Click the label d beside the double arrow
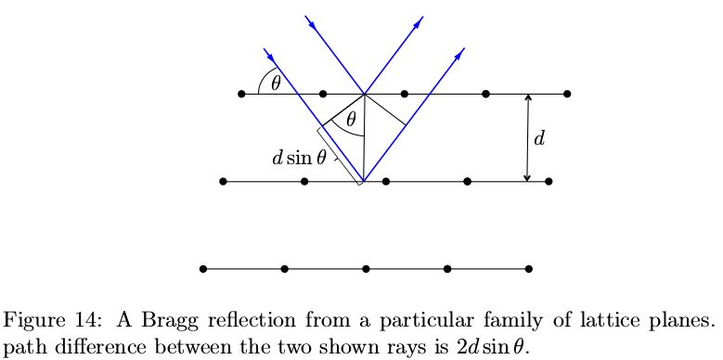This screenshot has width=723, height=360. tap(539, 139)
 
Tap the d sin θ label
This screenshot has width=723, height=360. tap(299, 158)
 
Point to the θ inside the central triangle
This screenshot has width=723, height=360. tap(350, 120)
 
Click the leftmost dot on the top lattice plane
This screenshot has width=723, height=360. tap(241, 94)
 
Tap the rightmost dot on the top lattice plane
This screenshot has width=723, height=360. tap(567, 94)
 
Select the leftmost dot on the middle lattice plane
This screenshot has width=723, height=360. tap(223, 182)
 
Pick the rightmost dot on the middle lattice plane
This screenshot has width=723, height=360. tap(549, 182)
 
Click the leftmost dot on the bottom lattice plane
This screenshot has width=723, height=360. tap(202, 269)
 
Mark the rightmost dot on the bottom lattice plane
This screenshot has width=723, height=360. tap(529, 269)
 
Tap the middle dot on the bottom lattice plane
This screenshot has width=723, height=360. tap(367, 269)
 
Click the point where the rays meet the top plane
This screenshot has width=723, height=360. tap(364, 94)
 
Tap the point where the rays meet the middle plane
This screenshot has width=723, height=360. tap(363, 182)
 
